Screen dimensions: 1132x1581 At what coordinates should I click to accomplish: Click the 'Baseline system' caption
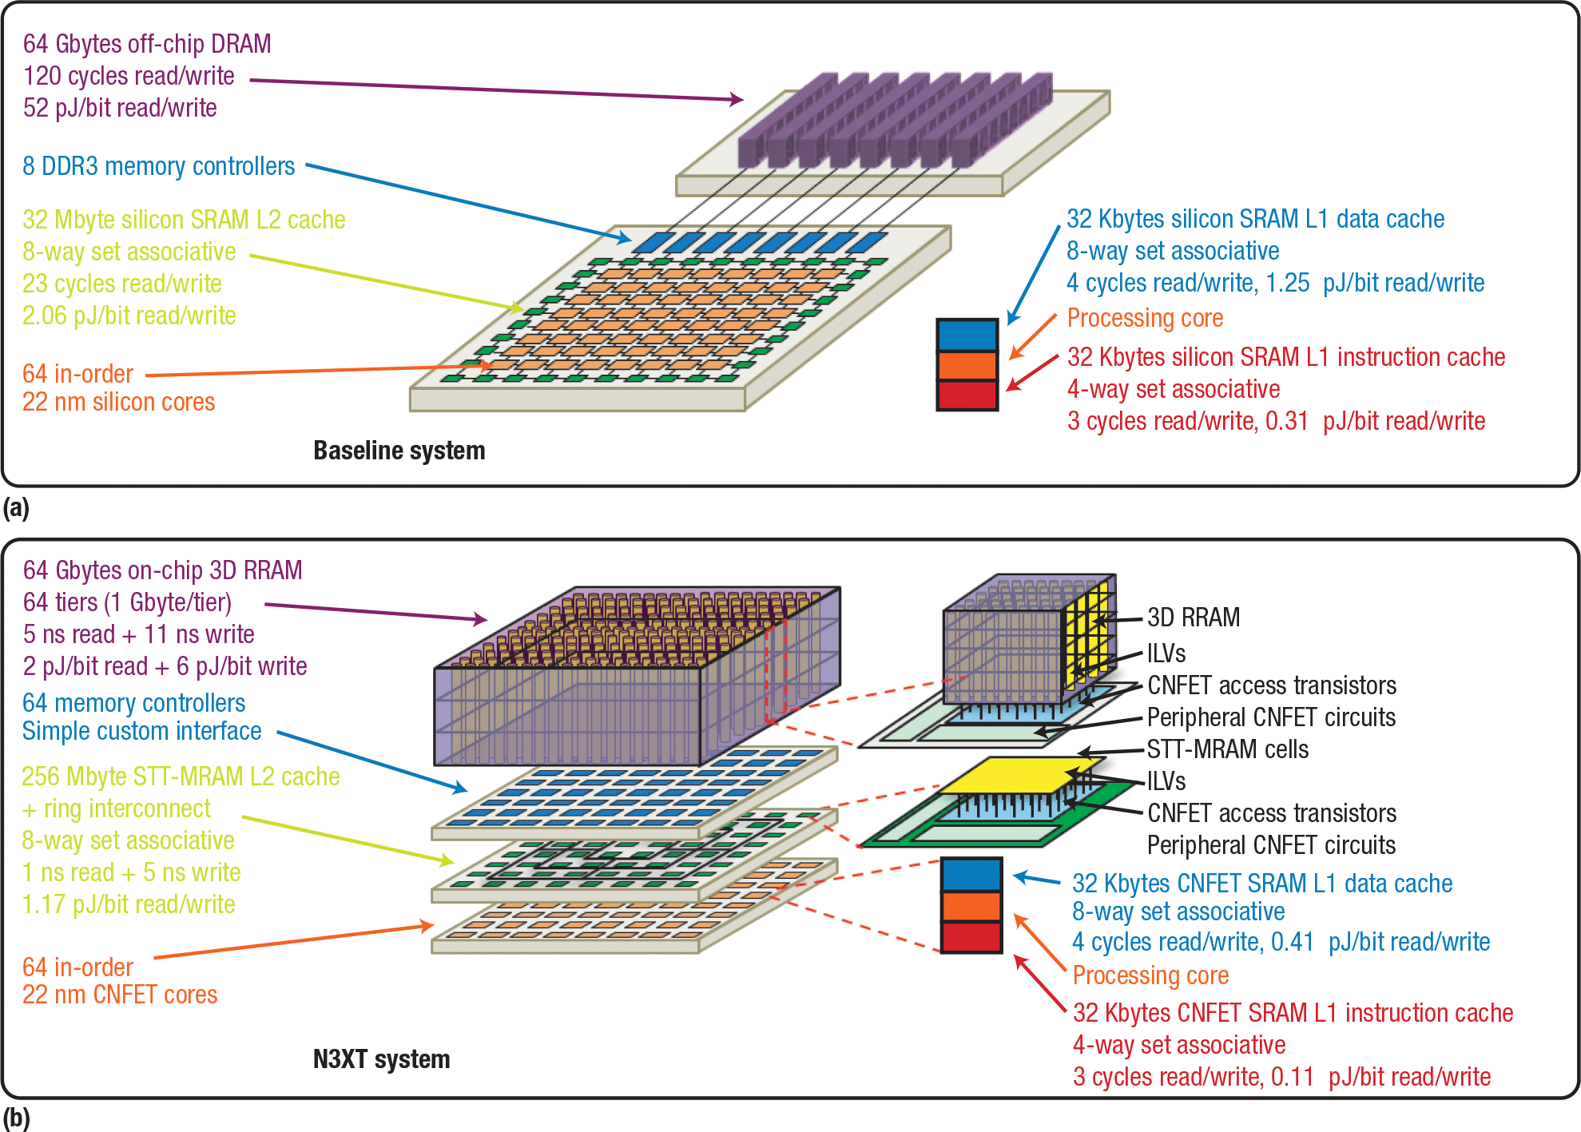pyautogui.click(x=399, y=451)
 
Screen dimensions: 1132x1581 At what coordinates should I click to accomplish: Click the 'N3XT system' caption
pyautogui.click(x=381, y=1059)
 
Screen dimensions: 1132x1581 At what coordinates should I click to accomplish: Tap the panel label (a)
pyautogui.click(x=16, y=508)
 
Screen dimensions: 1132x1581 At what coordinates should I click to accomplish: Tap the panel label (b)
pyautogui.click(x=16, y=1118)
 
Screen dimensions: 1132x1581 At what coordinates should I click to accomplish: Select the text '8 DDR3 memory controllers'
pyautogui.click(x=159, y=166)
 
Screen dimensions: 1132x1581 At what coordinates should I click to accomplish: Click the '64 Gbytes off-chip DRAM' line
pyautogui.click(x=147, y=44)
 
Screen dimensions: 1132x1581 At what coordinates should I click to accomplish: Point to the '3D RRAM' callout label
pyautogui.click(x=1194, y=618)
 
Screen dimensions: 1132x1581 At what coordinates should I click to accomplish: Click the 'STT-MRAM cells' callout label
pyautogui.click(x=1228, y=749)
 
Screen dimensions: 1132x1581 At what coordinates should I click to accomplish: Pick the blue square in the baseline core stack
pyautogui.click(x=967, y=335)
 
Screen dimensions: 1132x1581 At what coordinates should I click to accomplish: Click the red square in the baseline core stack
pyautogui.click(x=967, y=395)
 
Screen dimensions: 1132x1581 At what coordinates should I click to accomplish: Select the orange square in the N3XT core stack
pyautogui.click(x=971, y=906)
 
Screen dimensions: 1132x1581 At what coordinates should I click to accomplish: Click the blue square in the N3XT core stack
pyautogui.click(x=971, y=874)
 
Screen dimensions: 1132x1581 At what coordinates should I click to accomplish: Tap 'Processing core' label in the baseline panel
pyautogui.click(x=1145, y=318)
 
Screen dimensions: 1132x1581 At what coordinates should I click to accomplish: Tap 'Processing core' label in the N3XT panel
pyautogui.click(x=1150, y=975)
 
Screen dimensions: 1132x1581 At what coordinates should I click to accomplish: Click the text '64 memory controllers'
pyautogui.click(x=133, y=703)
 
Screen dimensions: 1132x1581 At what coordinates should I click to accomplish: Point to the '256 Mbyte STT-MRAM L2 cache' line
pyautogui.click(x=181, y=777)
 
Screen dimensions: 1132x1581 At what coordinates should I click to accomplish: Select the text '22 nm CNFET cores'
pyautogui.click(x=120, y=995)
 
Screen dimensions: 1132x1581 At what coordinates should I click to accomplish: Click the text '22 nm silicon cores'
pyautogui.click(x=118, y=402)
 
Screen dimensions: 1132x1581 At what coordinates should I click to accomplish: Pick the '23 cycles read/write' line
pyautogui.click(x=121, y=284)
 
